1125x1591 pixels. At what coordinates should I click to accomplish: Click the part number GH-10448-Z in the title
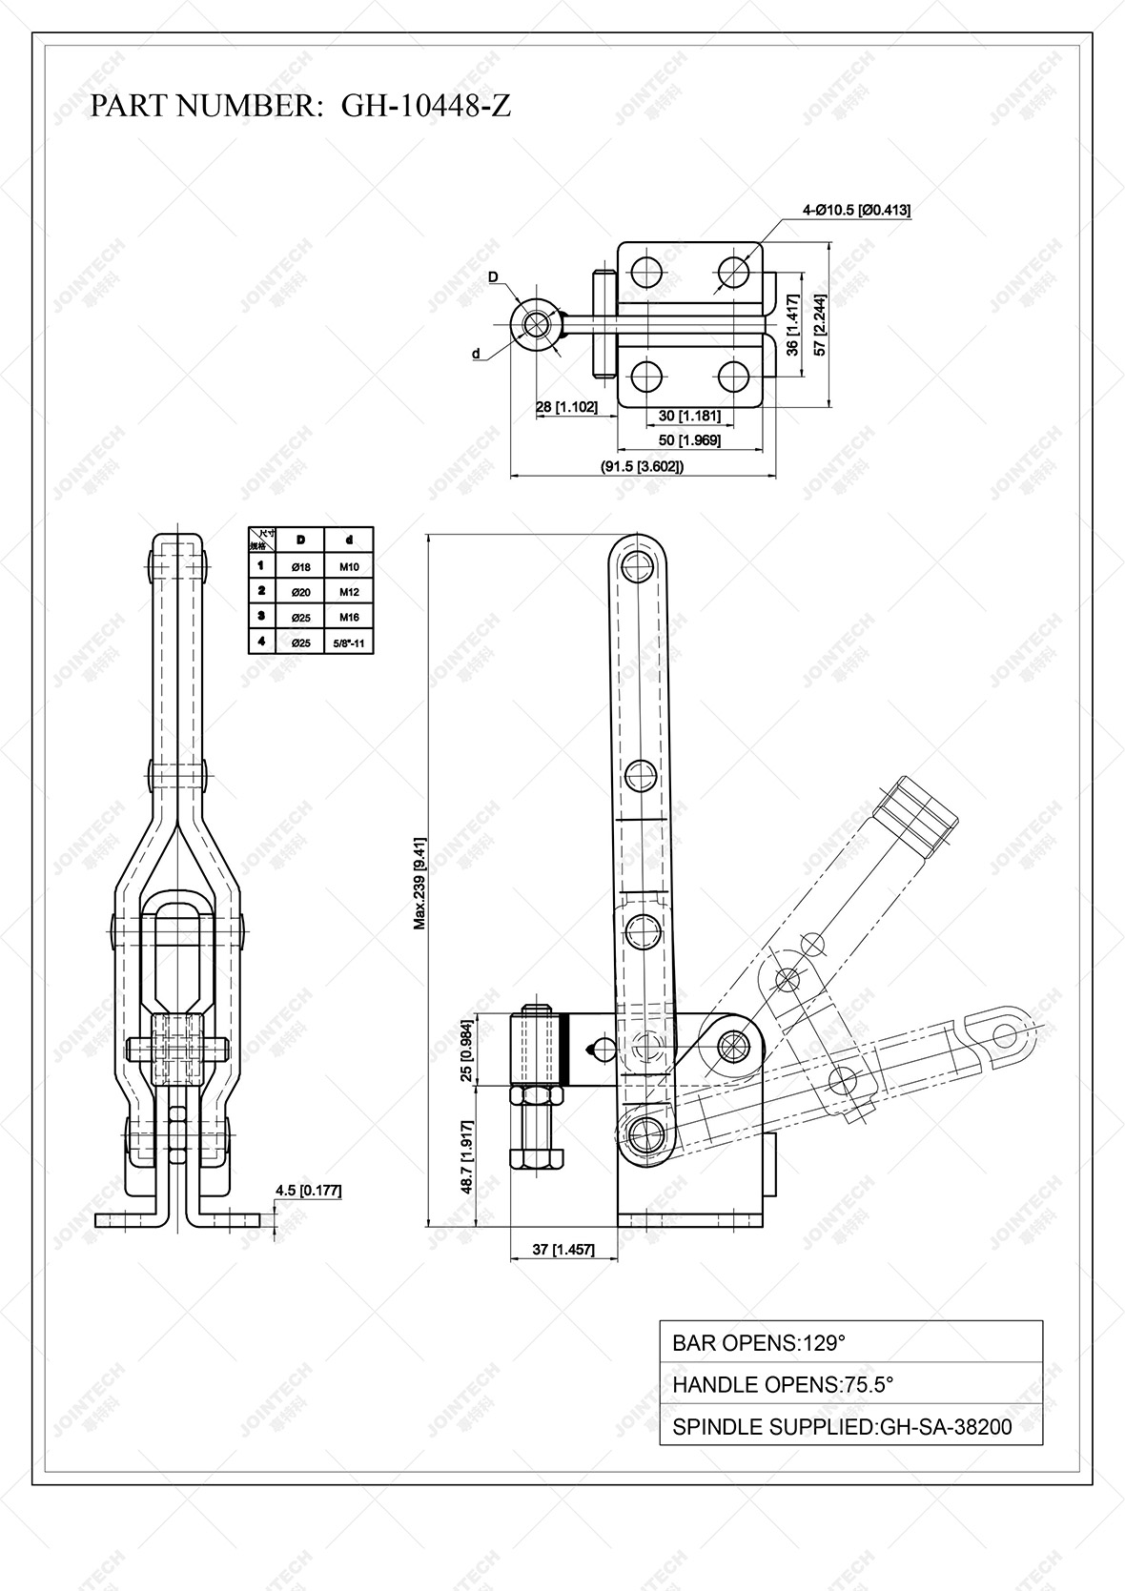pyautogui.click(x=425, y=106)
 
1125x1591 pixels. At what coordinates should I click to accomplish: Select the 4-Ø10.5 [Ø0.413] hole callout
pyautogui.click(x=856, y=210)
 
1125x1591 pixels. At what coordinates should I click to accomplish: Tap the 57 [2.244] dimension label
pyautogui.click(x=820, y=324)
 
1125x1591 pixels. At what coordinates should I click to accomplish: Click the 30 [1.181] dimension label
pyautogui.click(x=690, y=416)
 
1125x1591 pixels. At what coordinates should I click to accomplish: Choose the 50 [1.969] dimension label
pyautogui.click(x=690, y=439)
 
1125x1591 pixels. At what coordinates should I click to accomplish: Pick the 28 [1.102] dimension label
pyautogui.click(x=566, y=407)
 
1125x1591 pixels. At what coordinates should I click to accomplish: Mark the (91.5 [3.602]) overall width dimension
pyautogui.click(x=642, y=466)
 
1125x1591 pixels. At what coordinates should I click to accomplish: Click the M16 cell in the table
pyautogui.click(x=348, y=618)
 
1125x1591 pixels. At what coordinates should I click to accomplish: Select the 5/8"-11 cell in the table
pyautogui.click(x=348, y=643)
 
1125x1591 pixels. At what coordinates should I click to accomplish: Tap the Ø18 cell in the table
pyautogui.click(x=300, y=567)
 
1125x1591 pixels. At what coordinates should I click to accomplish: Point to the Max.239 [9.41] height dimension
pyautogui.click(x=419, y=882)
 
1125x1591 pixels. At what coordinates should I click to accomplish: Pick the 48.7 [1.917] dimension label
pyautogui.click(x=465, y=1156)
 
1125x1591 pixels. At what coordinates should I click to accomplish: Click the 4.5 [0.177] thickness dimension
pyautogui.click(x=308, y=1190)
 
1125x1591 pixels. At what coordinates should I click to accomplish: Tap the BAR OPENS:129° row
pyautogui.click(x=850, y=1342)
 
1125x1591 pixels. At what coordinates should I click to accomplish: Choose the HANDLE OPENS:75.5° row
pyautogui.click(x=850, y=1384)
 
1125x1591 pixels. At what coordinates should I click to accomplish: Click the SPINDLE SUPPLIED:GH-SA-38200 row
pyautogui.click(x=850, y=1426)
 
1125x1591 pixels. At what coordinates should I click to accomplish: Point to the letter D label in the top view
pyautogui.click(x=493, y=277)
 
